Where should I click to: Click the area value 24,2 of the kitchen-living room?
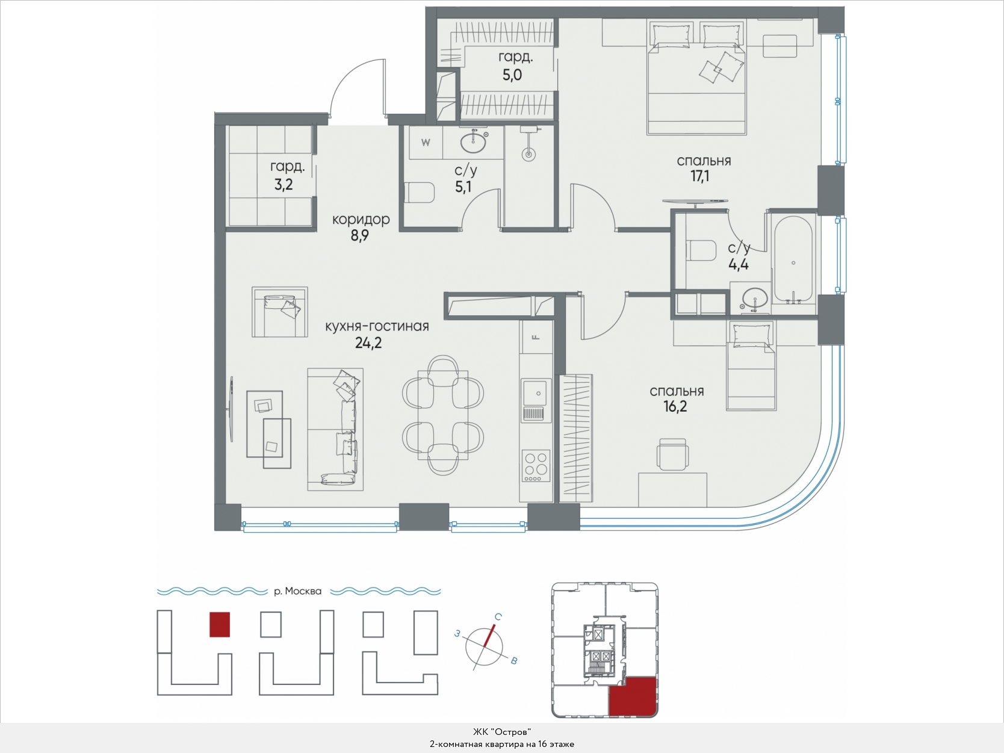coord(368,343)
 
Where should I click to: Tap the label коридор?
coord(361,220)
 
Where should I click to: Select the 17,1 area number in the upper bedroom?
coord(700,176)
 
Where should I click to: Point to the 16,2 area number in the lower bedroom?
coord(675,406)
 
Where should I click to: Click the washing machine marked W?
coord(426,143)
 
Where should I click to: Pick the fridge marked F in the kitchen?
coord(536,337)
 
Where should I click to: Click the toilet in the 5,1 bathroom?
coord(420,193)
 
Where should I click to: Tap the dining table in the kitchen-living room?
coord(443,415)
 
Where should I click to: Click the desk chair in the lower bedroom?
coord(672,454)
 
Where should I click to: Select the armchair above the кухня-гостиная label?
coord(279,312)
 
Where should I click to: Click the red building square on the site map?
coord(220,625)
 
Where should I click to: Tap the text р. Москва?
coord(298,591)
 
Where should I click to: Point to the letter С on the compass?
coord(498,617)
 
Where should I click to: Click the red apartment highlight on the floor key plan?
coord(633,697)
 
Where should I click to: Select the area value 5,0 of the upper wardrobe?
coord(512,75)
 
